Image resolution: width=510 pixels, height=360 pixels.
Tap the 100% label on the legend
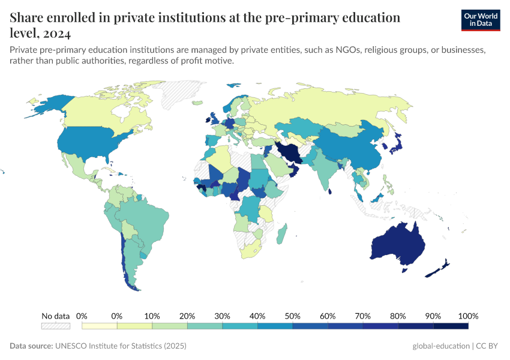click(x=468, y=316)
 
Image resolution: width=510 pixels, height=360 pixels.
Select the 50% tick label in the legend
click(x=292, y=316)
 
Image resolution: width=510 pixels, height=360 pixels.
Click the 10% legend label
click(x=152, y=316)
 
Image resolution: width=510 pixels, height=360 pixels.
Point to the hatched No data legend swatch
click(x=56, y=326)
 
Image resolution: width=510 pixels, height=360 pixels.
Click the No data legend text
click(x=56, y=316)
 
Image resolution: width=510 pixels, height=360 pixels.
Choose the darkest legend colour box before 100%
click(x=451, y=326)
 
